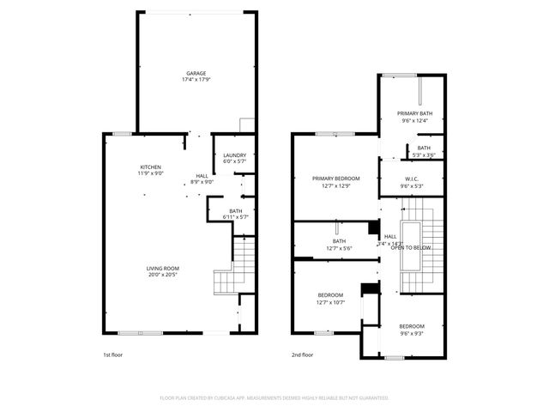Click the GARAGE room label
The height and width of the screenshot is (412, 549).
[196, 73]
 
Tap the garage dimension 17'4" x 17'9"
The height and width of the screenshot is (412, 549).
[196, 80]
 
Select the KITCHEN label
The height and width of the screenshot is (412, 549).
[151, 167]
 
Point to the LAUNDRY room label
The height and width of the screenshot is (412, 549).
[234, 155]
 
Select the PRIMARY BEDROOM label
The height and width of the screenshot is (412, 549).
[335, 178]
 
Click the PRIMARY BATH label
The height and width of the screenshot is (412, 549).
[414, 114]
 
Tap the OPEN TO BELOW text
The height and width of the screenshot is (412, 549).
[411, 247]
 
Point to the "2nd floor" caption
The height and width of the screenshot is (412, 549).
[302, 354]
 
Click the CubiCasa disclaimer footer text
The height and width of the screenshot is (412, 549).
[274, 398]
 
